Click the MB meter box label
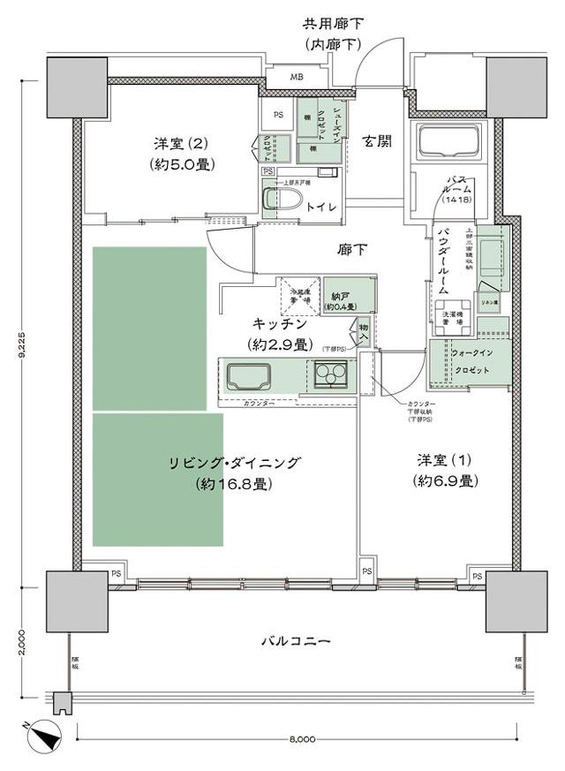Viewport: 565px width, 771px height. click(x=296, y=77)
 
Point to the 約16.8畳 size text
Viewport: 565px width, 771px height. click(x=234, y=483)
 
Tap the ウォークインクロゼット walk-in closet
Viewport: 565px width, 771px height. click(x=468, y=361)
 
